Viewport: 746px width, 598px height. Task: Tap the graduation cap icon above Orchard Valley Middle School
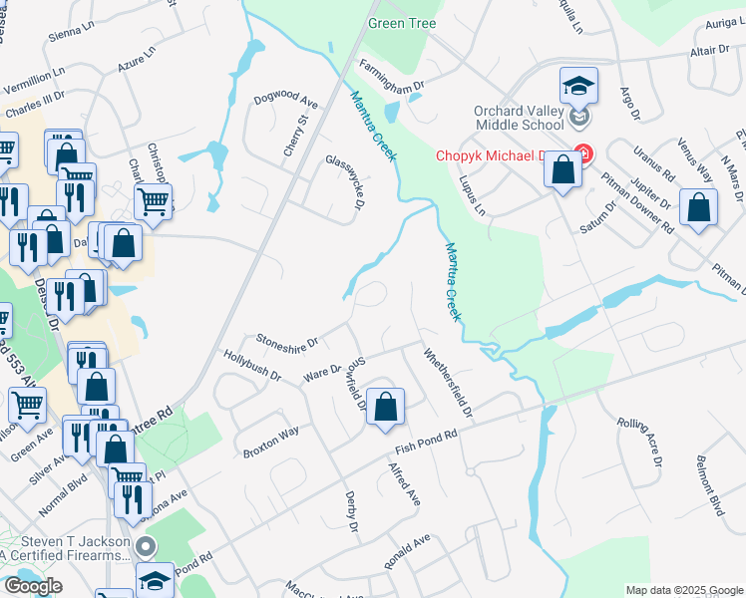tap(578, 87)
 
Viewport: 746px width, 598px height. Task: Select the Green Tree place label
tap(402, 23)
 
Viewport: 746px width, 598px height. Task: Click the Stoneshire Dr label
tap(286, 341)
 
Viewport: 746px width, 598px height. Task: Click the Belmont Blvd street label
tap(709, 492)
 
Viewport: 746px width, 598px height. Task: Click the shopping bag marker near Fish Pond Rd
tap(385, 407)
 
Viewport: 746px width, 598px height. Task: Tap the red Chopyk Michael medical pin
tap(583, 155)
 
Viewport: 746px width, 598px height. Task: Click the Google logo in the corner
tap(33, 586)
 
